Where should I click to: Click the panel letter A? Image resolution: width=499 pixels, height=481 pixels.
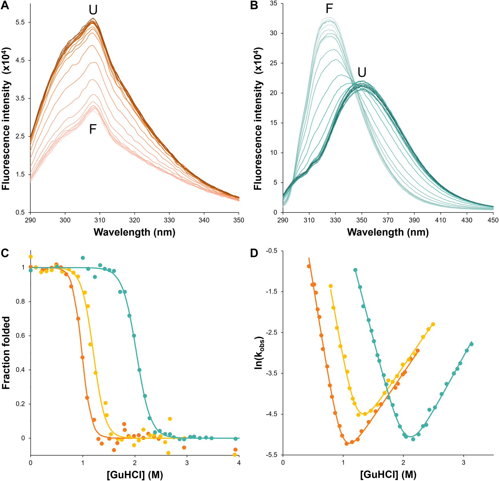coord(5,6)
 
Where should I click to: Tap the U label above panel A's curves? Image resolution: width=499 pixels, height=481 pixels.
coord(93,10)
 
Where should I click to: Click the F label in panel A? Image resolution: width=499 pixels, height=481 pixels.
coord(92,129)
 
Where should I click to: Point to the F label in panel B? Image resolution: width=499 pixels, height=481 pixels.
coord(329,9)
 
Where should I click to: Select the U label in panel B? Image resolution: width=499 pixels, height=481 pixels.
coord(362,73)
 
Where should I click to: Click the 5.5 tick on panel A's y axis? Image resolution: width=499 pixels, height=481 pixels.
coord(20,22)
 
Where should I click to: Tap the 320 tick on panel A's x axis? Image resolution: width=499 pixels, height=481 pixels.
coord(134,220)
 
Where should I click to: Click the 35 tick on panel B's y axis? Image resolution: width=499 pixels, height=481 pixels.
coord(273,3)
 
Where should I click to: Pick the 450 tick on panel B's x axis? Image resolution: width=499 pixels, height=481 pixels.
coord(493,220)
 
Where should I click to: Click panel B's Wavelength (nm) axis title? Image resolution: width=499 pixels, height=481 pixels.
coord(388,232)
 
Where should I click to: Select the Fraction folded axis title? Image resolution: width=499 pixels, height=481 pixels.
coord(6,353)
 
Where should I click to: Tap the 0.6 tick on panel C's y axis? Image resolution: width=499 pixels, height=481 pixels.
coord(21,336)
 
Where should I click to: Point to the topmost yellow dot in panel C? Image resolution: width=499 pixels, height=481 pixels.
coord(31,257)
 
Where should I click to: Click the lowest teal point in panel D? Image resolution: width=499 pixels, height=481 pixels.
coord(413,439)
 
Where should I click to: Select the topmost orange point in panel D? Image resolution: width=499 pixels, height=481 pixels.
coord(309,266)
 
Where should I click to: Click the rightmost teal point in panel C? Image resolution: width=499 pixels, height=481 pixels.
coord(236,439)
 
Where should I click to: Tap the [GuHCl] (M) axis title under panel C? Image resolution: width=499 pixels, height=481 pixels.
coord(135,475)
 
